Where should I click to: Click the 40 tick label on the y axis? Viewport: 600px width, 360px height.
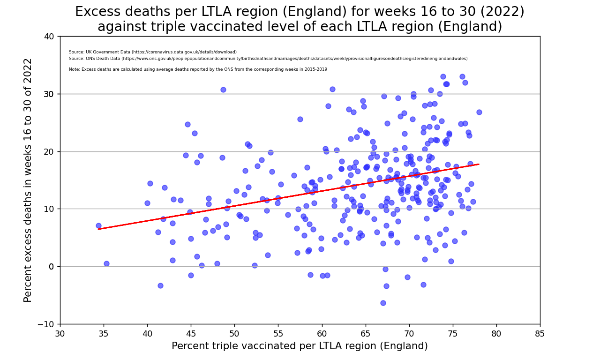point(49,37)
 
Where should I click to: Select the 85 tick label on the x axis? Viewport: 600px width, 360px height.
point(540,333)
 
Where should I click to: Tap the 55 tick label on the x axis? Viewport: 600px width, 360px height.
point(278,333)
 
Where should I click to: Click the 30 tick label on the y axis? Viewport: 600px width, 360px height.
point(49,94)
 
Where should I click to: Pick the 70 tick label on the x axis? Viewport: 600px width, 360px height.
point(409,333)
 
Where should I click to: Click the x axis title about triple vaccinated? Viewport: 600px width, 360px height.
point(300,346)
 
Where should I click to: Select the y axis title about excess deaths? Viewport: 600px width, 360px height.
point(28,180)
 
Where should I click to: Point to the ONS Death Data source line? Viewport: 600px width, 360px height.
point(268,59)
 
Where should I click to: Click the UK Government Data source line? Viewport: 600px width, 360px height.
point(152,52)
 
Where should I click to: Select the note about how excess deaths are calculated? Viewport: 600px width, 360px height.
point(197,69)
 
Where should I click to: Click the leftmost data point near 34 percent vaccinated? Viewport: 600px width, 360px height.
point(98,225)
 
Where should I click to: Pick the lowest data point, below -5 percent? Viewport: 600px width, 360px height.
point(383,303)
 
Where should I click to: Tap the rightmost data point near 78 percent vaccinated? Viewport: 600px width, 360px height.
point(479,112)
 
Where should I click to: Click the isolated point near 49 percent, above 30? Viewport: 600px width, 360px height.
point(223,90)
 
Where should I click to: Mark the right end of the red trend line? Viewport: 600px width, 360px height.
point(479,164)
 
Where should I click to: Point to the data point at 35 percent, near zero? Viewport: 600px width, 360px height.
point(106,263)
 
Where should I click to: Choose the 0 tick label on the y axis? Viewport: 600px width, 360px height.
point(52,266)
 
